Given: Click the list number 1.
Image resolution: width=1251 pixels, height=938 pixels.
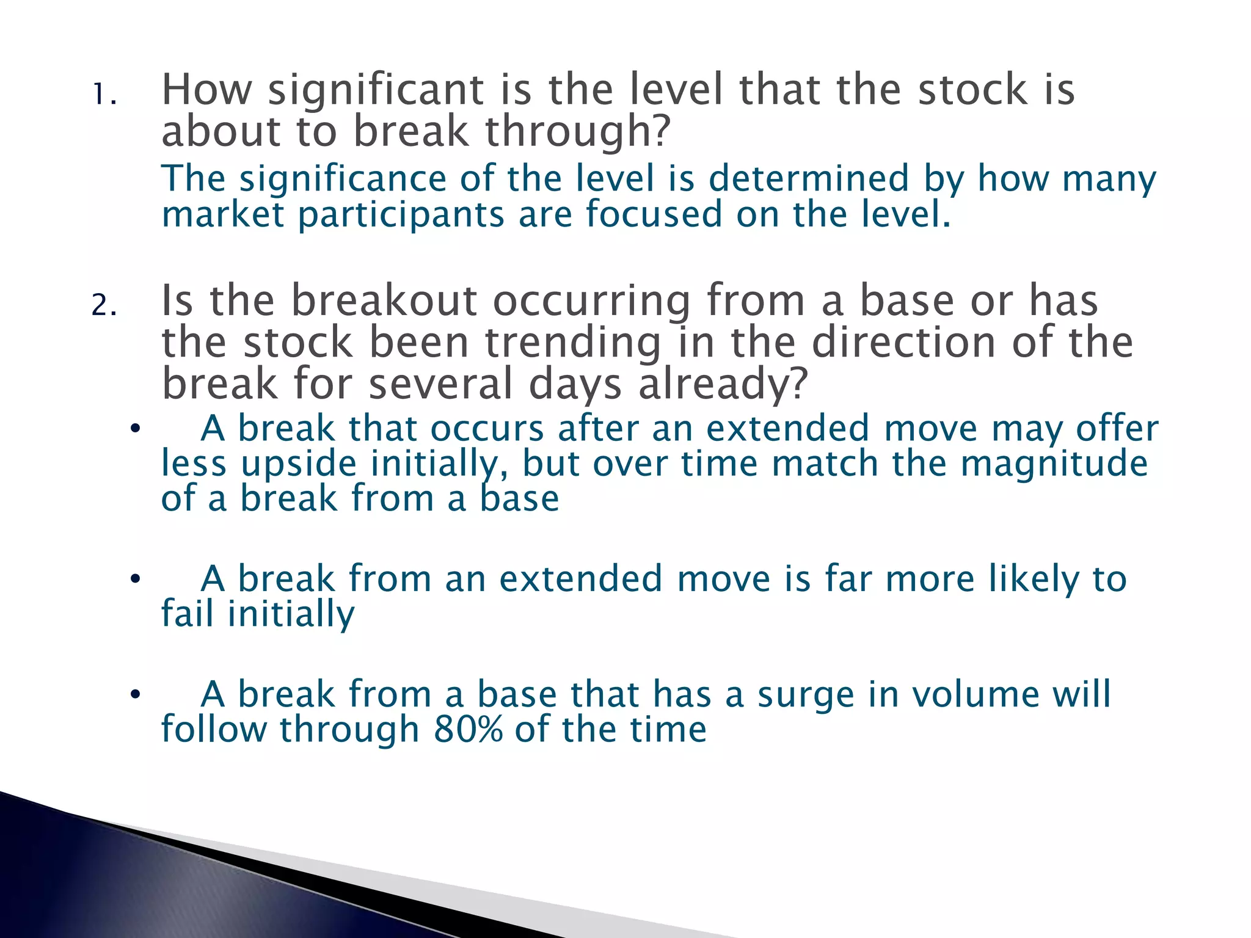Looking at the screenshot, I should pos(103,95).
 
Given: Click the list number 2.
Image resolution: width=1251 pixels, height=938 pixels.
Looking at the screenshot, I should pos(103,305).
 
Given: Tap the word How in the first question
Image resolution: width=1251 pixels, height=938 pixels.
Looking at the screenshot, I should pos(206,89).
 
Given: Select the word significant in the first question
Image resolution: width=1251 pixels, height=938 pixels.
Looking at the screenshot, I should pos(376,90).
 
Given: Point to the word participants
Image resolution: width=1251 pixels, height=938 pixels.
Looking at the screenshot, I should pos(401,215).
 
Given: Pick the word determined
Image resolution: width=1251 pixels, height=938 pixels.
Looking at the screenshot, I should pos(808,178).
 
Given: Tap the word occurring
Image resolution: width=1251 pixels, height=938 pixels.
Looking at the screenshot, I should pos(592,302).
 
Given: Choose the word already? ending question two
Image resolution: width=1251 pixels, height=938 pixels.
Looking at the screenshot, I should pos(723,385).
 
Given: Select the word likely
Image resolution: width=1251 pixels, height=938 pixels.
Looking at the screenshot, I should pos(1034,579).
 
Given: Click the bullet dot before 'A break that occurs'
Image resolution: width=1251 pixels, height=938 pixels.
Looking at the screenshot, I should pos(135,429).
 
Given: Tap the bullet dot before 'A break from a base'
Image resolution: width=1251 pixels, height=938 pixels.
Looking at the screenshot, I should pos(135,694).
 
